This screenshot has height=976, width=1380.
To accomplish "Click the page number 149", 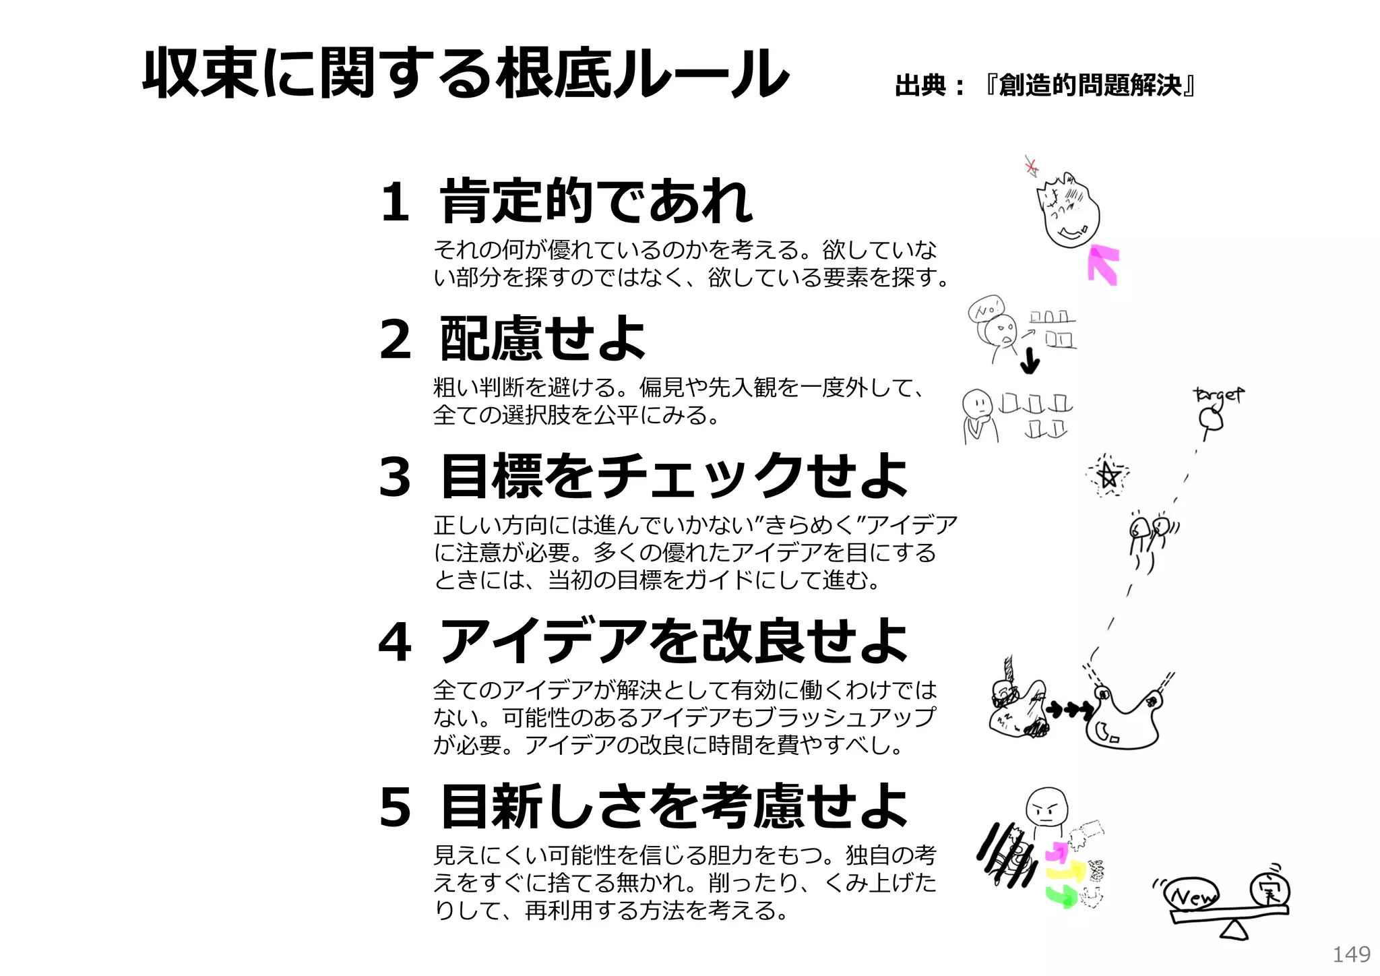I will point(1351,954).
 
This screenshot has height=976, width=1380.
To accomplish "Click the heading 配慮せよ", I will point(542,338).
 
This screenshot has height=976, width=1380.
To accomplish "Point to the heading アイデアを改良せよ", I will point(674,642).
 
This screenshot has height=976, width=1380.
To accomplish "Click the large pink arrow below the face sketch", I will point(1103,264).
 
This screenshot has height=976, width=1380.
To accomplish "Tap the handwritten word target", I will point(1218,394).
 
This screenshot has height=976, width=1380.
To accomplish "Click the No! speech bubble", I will point(986,309).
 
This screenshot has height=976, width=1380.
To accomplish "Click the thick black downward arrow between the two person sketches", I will point(1029,362).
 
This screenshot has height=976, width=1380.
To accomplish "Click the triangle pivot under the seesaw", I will point(1234,931).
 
